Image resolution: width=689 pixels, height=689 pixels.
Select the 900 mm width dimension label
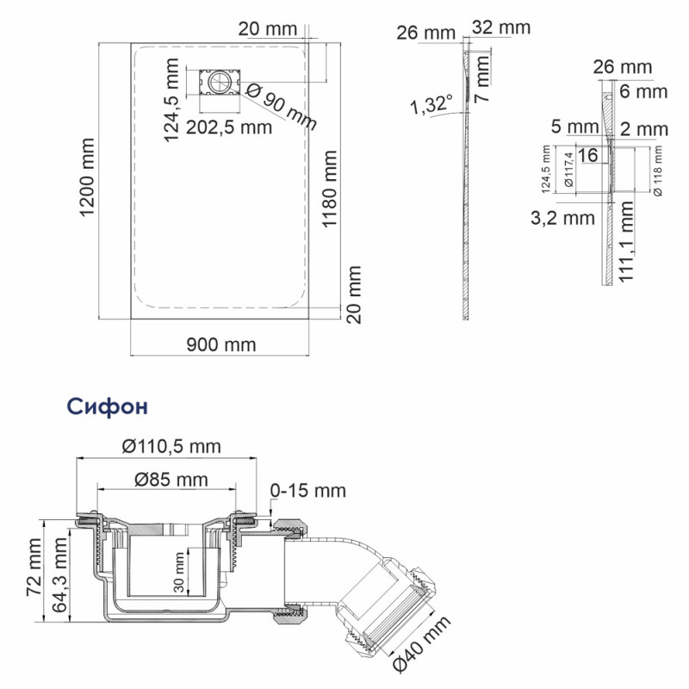tap(221, 344)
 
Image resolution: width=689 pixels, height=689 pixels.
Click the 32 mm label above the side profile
tap(501, 27)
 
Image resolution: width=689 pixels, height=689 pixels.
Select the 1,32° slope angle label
tap(431, 106)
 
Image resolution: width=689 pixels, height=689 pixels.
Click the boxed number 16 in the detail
tap(590, 155)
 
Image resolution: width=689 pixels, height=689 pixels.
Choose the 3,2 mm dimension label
tap(564, 219)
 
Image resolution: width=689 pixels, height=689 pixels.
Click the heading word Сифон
tap(108, 406)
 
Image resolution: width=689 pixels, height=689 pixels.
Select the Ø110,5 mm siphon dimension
tap(171, 446)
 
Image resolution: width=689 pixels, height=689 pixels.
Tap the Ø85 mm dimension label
tap(171, 479)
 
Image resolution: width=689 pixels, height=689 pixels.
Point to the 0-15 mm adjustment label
tap(307, 491)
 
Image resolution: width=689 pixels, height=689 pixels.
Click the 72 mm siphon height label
tap(34, 568)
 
